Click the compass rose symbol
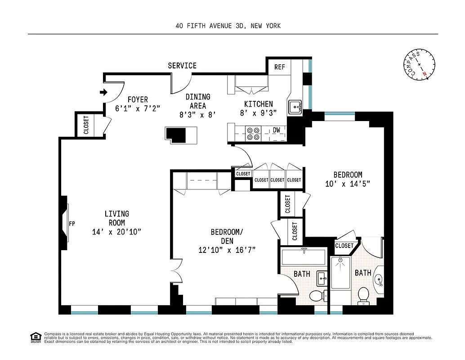coord(419,65)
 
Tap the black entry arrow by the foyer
coord(103,92)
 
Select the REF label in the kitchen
coord(280,67)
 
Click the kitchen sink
coord(295,107)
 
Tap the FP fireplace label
coord(72,223)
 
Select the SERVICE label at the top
coord(182,66)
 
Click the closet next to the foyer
coord(86,125)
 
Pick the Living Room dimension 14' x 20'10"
coord(116,232)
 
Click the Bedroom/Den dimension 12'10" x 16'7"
coord(227,250)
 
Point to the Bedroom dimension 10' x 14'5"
coord(348,184)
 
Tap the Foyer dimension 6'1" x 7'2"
coord(138,108)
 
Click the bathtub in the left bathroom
coord(303,257)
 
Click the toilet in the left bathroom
coord(317,296)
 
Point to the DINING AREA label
coord(198,101)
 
